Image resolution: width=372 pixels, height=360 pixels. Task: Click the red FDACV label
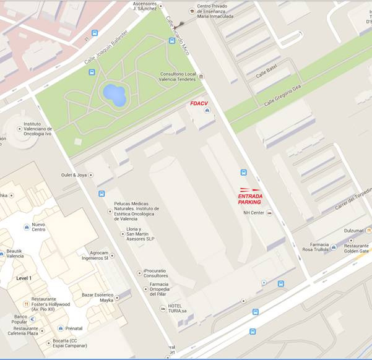point(199,103)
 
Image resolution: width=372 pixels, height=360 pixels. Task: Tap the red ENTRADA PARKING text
point(250,199)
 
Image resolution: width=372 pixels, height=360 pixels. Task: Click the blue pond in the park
point(114,95)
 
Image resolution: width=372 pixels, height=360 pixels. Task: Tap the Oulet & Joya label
point(73,175)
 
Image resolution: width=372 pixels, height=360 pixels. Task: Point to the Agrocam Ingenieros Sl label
point(98,255)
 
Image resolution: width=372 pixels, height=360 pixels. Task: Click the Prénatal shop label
point(74,328)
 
